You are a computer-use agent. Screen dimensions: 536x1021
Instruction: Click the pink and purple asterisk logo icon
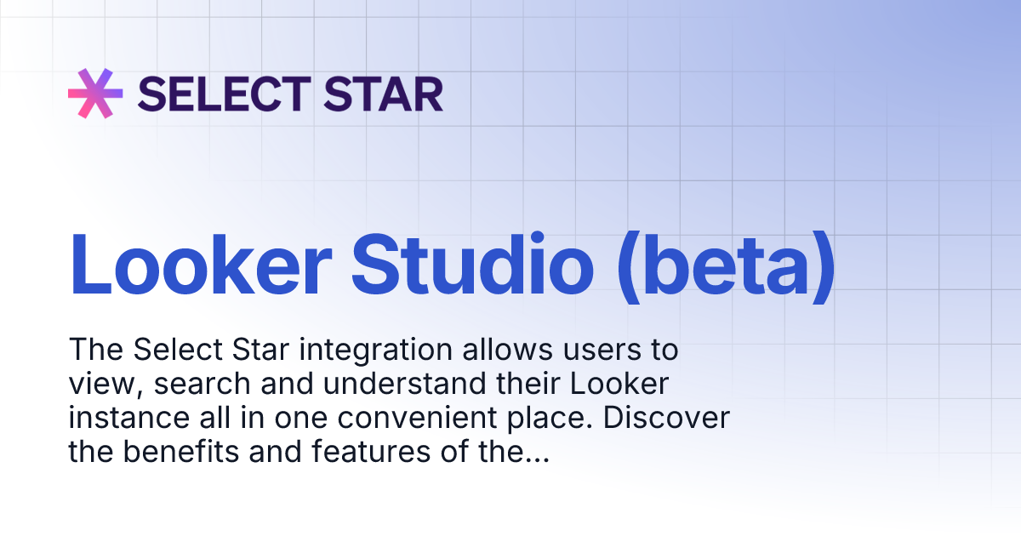coord(95,93)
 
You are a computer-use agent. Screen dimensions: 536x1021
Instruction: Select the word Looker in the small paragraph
coord(619,385)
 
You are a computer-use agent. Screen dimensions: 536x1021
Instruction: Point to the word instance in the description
coord(121,419)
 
